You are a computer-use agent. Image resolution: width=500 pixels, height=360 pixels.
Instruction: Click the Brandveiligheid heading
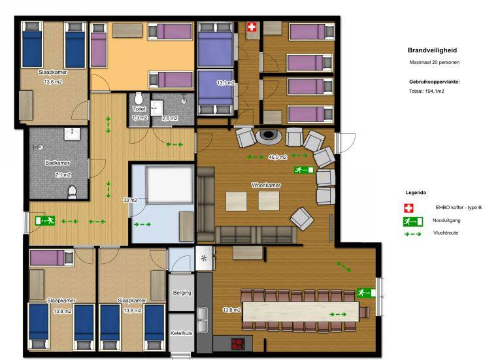[432, 50]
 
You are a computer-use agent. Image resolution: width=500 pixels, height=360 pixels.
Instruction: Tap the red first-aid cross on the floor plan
[252, 27]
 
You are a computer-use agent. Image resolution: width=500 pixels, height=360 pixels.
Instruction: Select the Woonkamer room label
[266, 185]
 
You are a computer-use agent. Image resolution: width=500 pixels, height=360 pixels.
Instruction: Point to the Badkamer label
[58, 163]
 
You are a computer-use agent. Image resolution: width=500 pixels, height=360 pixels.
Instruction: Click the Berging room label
[182, 293]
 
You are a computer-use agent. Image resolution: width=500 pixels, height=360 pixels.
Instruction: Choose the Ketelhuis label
[181, 333]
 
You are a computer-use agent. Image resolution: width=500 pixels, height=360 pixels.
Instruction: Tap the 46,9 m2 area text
[278, 157]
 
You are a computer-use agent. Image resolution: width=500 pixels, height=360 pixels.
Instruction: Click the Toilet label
[139, 108]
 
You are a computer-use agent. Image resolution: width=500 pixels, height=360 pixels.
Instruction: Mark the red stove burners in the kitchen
[238, 344]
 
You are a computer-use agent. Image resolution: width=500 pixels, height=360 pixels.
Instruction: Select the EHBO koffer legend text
[459, 207]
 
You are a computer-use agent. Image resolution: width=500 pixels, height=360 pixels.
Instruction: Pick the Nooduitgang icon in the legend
[413, 221]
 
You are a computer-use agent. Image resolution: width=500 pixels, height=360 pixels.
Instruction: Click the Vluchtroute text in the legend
[446, 233]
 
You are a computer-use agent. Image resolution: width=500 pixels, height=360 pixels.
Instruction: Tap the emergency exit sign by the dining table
[366, 293]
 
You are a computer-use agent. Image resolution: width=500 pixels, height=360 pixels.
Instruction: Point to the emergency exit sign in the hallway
[45, 221]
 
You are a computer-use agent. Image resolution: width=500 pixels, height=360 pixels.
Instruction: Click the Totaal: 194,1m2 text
[427, 91]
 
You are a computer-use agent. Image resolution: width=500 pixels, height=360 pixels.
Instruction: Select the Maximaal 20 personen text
[434, 63]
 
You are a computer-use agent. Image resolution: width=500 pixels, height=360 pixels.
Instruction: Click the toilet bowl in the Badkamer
[73, 191]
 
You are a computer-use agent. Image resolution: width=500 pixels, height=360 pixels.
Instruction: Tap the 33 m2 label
[130, 200]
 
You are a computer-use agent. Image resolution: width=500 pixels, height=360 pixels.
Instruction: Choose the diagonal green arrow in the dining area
[344, 267]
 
